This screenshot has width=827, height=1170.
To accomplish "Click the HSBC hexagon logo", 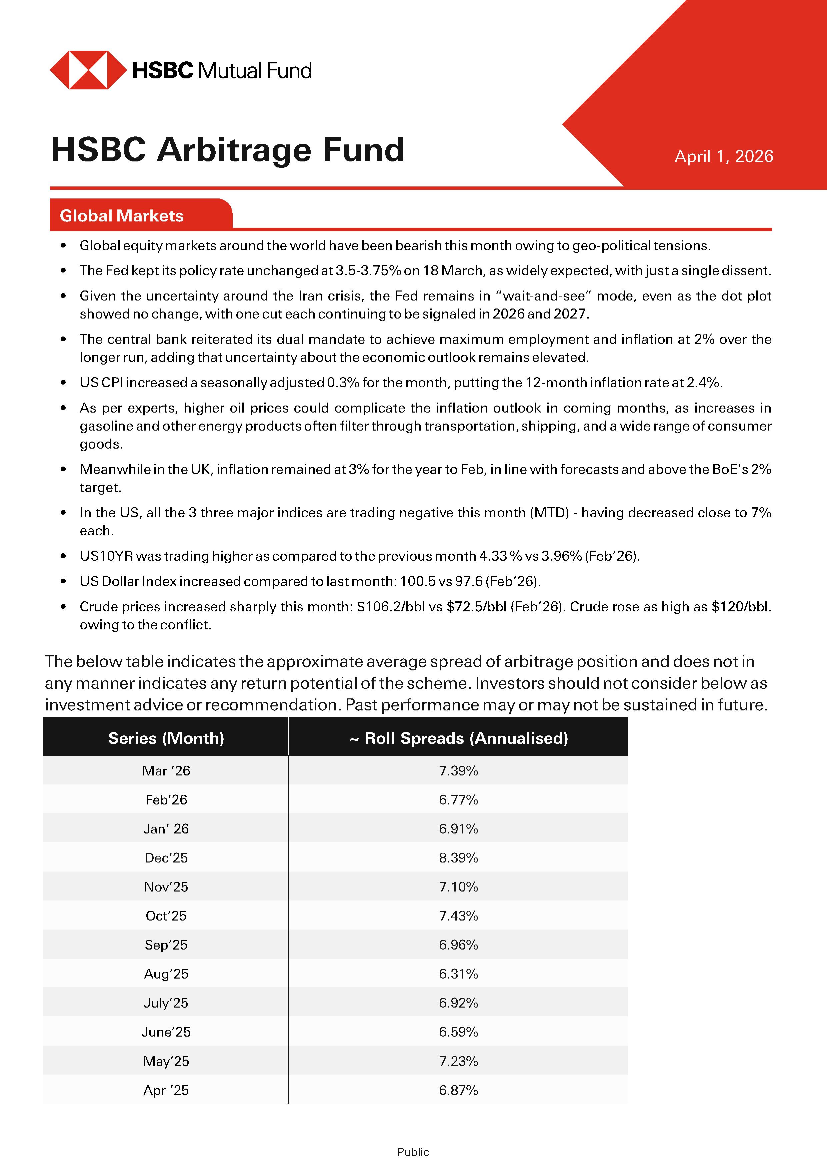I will point(88,70).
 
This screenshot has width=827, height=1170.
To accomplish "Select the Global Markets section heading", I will point(122,215).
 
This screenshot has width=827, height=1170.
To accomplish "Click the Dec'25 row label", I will point(166,857).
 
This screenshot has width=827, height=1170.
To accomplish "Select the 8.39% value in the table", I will point(458,857).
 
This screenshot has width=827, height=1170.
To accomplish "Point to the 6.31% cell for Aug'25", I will point(458,974).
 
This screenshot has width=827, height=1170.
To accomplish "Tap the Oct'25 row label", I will point(166,916).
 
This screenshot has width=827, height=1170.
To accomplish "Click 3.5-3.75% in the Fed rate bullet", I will point(368,270).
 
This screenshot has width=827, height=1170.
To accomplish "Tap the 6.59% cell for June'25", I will point(458,1032).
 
